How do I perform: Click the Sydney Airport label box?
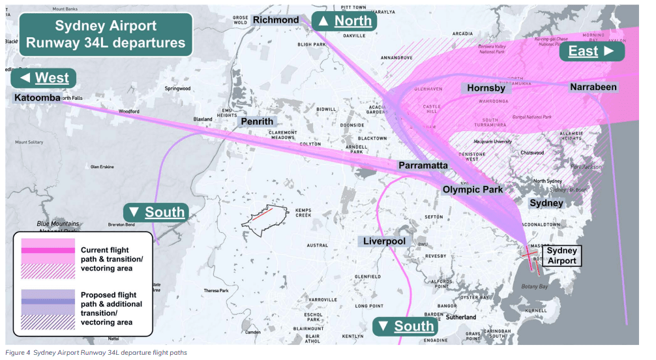(x=561, y=256)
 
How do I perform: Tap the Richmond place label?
(x=276, y=20)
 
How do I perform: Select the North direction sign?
(x=345, y=21)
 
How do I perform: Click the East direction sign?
(x=591, y=51)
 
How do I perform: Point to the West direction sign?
(x=44, y=78)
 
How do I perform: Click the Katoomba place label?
(x=37, y=98)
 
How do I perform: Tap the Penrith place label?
(x=257, y=121)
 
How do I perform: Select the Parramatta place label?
(x=423, y=166)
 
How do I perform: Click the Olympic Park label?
(x=473, y=190)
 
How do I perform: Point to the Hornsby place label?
(x=486, y=88)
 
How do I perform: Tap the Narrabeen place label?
(x=593, y=87)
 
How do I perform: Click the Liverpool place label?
(x=384, y=241)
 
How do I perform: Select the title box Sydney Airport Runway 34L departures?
(x=106, y=35)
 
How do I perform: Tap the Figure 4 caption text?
(x=96, y=353)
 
